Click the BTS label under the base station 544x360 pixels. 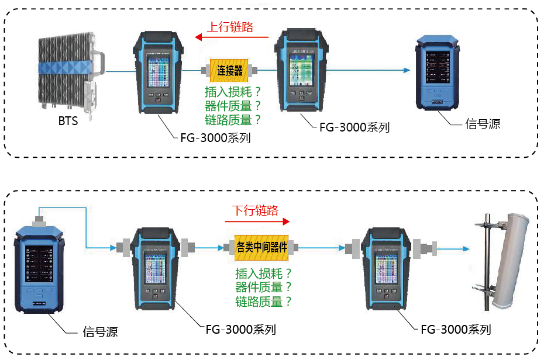pyautogui.click(x=68, y=122)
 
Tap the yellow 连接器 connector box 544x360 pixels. pyautogui.click(x=229, y=71)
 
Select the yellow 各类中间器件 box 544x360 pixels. pyautogui.click(x=261, y=247)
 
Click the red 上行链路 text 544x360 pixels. pyautogui.click(x=230, y=27)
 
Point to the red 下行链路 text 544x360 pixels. pyautogui.click(x=255, y=210)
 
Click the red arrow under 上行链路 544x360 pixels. pyautogui.click(x=234, y=37)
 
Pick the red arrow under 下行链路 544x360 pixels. pyautogui.click(x=257, y=221)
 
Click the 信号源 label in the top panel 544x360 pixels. pyautogui.click(x=483, y=124)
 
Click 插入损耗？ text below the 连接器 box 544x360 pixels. pyautogui.click(x=232, y=92)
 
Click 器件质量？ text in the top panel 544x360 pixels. pyautogui.click(x=232, y=106)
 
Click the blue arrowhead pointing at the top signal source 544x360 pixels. pyautogui.click(x=404, y=71)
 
